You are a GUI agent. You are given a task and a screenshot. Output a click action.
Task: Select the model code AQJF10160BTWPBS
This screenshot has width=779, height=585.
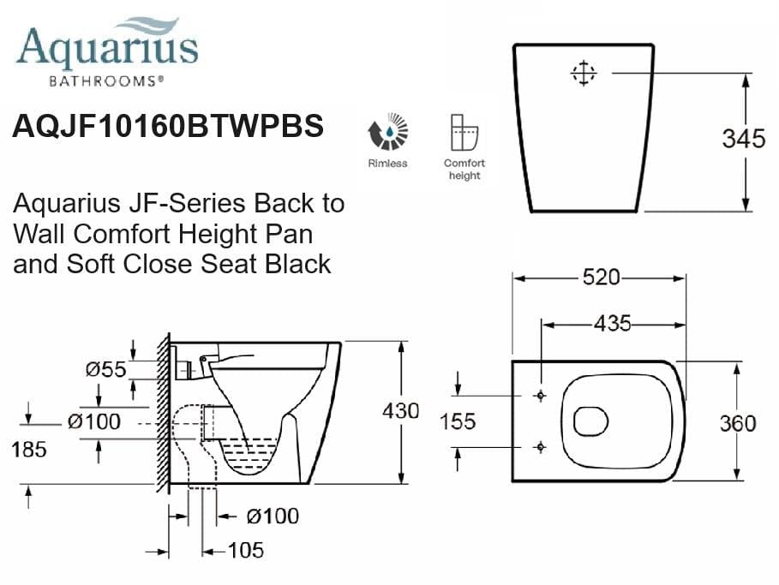[x=168, y=127]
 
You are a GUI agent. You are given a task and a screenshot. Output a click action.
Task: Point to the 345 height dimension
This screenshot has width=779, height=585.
[x=743, y=139]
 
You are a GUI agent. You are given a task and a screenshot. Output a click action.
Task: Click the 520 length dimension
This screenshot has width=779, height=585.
[x=600, y=278]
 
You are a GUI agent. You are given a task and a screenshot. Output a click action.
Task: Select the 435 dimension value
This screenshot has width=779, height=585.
[x=612, y=324]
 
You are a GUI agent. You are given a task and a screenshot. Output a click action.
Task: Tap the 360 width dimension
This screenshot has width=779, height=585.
[x=738, y=423]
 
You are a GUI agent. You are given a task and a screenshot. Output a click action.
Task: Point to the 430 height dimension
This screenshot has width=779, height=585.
[x=400, y=411]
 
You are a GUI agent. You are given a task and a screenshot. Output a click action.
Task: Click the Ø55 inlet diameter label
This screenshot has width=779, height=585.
[x=105, y=369]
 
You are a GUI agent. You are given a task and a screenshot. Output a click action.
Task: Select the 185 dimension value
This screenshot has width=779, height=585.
[x=29, y=448]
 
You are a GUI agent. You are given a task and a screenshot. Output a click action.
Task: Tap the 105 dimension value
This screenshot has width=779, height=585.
[x=245, y=551]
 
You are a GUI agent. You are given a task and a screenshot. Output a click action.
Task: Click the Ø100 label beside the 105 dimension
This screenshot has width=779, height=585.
[x=272, y=516]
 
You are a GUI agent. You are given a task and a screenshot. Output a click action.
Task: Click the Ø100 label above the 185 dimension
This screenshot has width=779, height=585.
[x=94, y=421]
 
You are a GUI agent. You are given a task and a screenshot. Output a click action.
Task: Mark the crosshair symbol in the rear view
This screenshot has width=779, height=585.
[x=583, y=74]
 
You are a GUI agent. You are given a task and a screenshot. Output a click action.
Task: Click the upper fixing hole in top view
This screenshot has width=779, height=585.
[x=540, y=396]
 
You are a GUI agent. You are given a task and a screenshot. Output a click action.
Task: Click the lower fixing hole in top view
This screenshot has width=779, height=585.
[x=540, y=446]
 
